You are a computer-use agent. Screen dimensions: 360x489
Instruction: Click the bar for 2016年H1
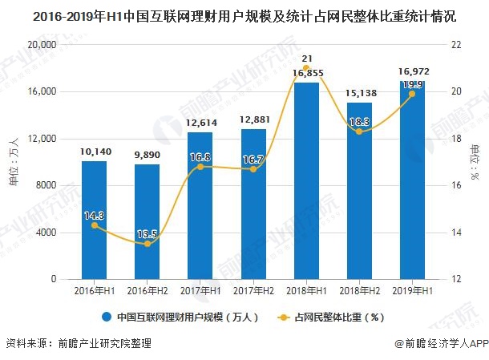click(x=94, y=220)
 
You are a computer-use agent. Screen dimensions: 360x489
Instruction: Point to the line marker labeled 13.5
click(x=147, y=244)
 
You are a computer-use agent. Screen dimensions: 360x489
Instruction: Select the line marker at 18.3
click(x=359, y=131)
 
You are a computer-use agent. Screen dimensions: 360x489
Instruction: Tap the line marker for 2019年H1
click(x=412, y=94)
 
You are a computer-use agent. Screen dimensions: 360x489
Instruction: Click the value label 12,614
click(x=200, y=123)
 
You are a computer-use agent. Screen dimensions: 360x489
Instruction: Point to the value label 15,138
click(x=359, y=94)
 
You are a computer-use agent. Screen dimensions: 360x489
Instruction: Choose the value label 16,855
click(x=306, y=74)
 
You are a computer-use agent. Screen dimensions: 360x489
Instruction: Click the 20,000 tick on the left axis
click(x=40, y=45)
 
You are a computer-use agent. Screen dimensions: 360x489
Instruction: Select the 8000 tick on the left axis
click(x=45, y=185)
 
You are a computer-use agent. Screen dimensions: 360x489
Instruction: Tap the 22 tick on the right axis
click(x=457, y=45)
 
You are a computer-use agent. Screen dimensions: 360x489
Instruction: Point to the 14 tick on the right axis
click(x=457, y=233)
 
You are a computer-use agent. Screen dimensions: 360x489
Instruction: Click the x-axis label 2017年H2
click(x=253, y=290)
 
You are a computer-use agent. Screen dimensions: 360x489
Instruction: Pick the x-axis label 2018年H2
click(x=359, y=290)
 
